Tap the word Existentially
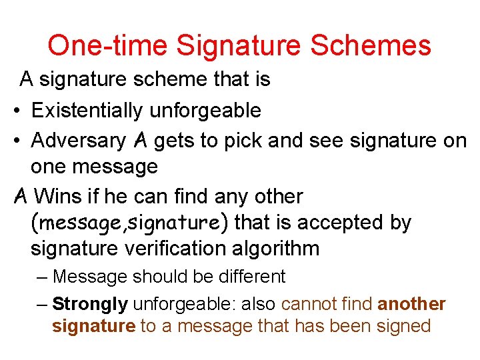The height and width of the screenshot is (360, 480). [x=90, y=110]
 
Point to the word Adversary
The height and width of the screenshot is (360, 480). [x=78, y=141]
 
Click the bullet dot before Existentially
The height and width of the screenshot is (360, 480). [x=15, y=111]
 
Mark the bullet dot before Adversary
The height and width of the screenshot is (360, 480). [x=15, y=141]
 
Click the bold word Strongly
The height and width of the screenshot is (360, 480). [x=89, y=304]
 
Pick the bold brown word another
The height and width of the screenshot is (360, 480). [x=411, y=304]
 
